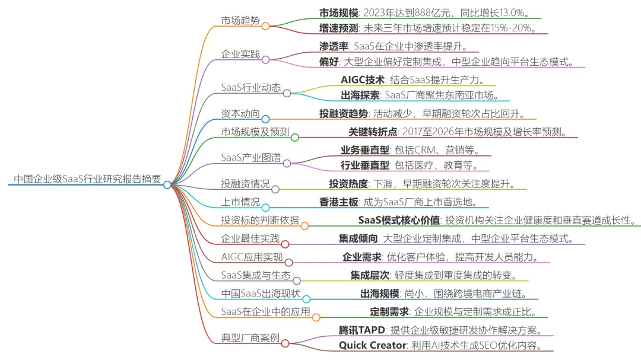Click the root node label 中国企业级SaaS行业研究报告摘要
(87, 179)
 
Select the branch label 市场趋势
(240, 20)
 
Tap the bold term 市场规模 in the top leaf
(338, 12)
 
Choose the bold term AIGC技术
(363, 79)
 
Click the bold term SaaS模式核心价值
(399, 220)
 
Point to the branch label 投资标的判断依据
(260, 220)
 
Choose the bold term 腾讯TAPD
(361, 330)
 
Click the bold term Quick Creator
(372, 345)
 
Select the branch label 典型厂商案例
(250, 337)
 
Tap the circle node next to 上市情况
(265, 207)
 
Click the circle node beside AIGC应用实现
(288, 262)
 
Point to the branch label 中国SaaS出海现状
(261, 294)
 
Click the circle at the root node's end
(167, 184)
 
